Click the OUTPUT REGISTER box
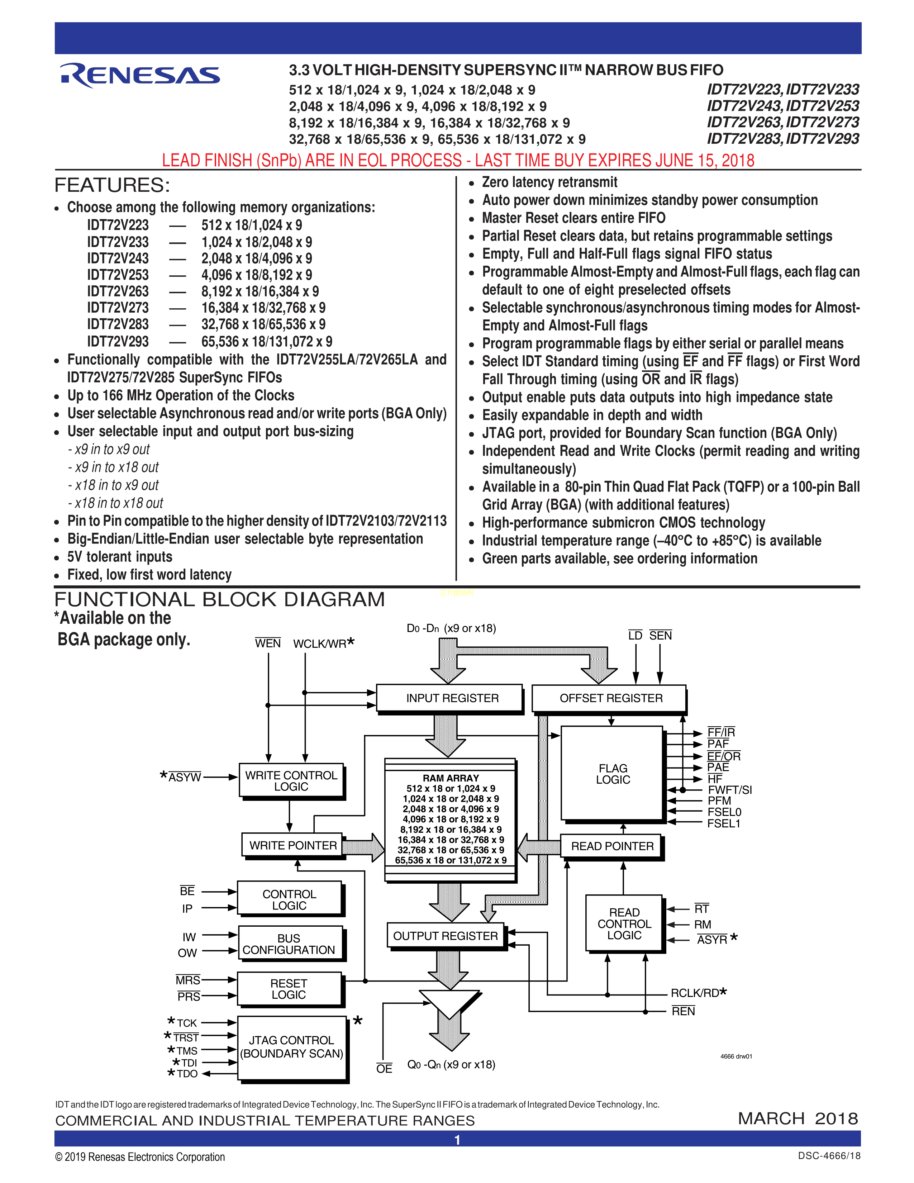point(445,935)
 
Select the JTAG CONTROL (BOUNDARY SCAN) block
point(291,1046)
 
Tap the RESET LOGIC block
point(289,989)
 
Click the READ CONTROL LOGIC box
point(623,923)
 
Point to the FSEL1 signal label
point(723,823)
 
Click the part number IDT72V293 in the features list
point(118,341)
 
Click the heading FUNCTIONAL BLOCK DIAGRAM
point(219,599)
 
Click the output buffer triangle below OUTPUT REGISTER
point(449,1002)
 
